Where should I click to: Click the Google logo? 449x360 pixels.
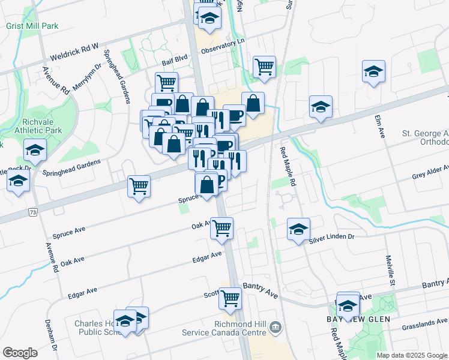click(x=20, y=353)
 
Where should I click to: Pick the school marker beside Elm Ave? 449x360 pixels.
click(x=373, y=72)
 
